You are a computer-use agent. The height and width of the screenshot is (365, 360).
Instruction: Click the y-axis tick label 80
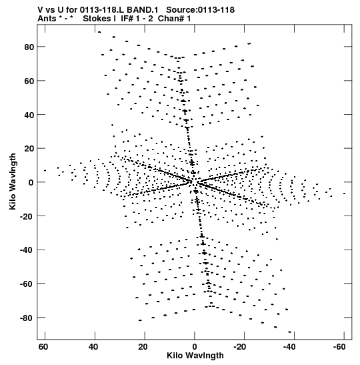[x=29, y=47]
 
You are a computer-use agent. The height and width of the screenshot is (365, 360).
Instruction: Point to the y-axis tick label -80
[x=27, y=318]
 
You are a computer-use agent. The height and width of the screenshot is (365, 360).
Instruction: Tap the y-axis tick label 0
[x=31, y=183]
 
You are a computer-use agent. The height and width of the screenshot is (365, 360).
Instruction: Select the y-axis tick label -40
[x=27, y=250]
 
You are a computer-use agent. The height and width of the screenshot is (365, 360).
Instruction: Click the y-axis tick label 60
[x=29, y=81]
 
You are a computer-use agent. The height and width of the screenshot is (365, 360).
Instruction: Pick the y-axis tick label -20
[x=27, y=216]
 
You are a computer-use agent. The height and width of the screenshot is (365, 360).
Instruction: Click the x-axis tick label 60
[x=43, y=347]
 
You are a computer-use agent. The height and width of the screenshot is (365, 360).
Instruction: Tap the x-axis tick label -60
[x=339, y=347]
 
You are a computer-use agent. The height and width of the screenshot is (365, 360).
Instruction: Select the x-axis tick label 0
[x=195, y=347]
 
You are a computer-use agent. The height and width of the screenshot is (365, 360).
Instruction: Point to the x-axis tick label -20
[x=240, y=347]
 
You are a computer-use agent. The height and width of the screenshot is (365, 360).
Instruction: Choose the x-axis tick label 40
[x=93, y=347]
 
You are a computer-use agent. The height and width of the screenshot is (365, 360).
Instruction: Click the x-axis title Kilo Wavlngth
[x=195, y=356]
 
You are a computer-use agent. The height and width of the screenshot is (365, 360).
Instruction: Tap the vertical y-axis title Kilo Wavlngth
[x=13, y=181]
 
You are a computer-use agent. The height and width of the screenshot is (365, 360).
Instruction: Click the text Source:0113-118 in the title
[x=200, y=10]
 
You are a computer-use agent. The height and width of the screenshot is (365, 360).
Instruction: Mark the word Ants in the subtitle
[x=46, y=19]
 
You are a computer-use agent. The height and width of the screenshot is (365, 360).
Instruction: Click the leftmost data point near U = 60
[x=45, y=171]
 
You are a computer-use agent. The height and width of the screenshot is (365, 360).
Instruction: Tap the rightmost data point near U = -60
[x=344, y=194]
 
